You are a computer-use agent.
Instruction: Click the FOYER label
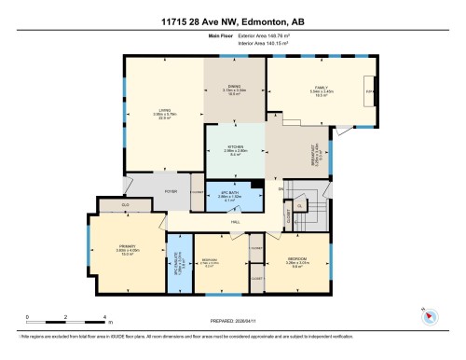click(x=171, y=190)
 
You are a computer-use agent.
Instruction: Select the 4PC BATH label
click(x=229, y=193)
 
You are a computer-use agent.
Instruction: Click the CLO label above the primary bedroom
click(x=125, y=204)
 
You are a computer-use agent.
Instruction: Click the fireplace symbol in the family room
click(x=370, y=91)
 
